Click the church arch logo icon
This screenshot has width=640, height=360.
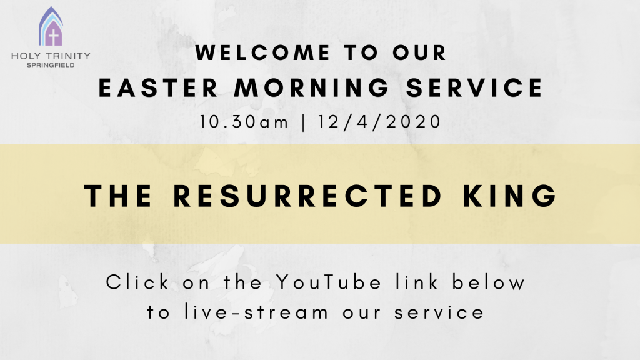[51, 26]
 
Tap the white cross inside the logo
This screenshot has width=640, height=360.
[54, 36]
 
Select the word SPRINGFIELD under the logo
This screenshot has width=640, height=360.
[51, 65]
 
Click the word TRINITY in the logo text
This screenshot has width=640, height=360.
[67, 56]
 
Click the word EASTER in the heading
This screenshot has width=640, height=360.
[158, 87]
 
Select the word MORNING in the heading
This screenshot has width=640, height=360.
[312, 87]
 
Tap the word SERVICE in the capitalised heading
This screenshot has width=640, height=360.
[474, 87]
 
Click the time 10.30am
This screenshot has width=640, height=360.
[244, 122]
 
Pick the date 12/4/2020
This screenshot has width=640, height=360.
[379, 122]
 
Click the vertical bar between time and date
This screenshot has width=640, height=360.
[303, 122]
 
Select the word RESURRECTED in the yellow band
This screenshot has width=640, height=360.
[307, 196]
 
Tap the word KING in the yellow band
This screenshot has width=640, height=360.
[510, 196]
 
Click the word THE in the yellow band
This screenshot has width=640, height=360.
[118, 196]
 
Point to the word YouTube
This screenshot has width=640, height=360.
[329, 282]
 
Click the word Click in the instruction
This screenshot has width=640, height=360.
[137, 282]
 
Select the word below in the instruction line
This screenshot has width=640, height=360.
[488, 282]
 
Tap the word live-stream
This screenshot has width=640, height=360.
[256, 312]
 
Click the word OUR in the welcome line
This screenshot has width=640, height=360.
[419, 52]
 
